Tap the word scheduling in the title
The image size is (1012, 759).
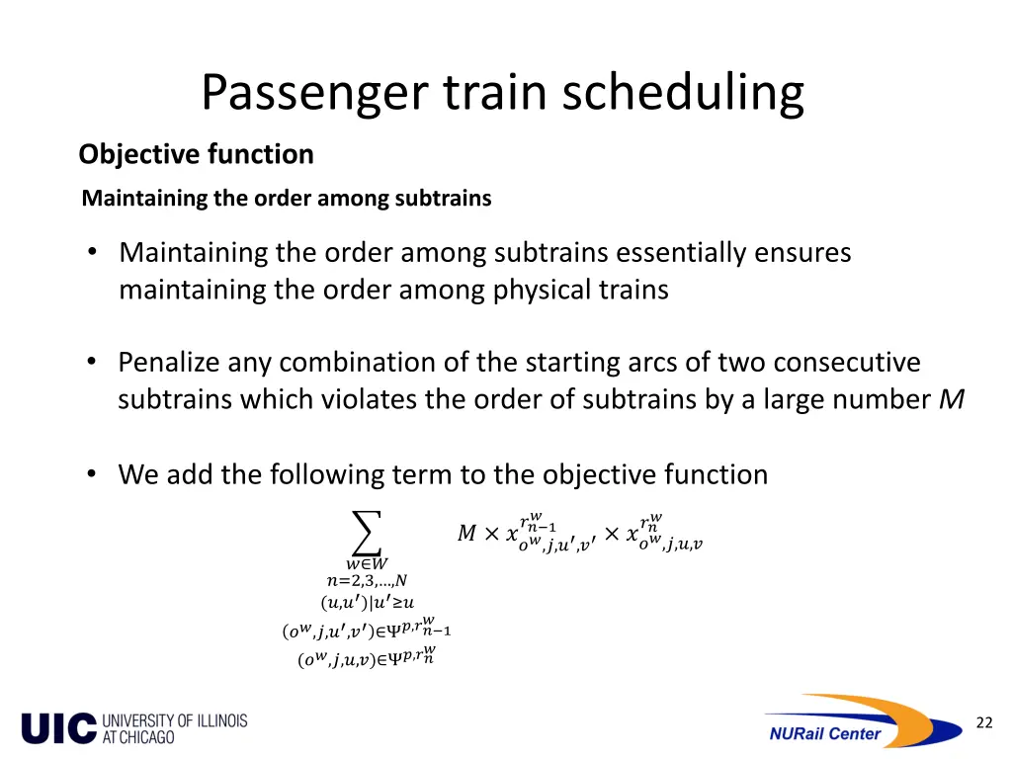683,93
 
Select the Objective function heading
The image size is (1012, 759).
196,154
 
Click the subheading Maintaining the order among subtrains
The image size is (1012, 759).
287,198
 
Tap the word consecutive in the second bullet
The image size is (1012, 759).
847,363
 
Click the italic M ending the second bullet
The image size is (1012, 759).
954,400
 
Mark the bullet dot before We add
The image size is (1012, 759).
91,474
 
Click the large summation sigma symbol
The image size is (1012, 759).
367,534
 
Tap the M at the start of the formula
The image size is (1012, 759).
467,534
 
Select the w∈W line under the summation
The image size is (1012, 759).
367,563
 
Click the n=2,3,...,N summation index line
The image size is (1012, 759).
367,581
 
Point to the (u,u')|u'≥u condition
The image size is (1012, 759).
367,602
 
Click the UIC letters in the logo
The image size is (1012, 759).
59,727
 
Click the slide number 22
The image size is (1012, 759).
983,722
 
